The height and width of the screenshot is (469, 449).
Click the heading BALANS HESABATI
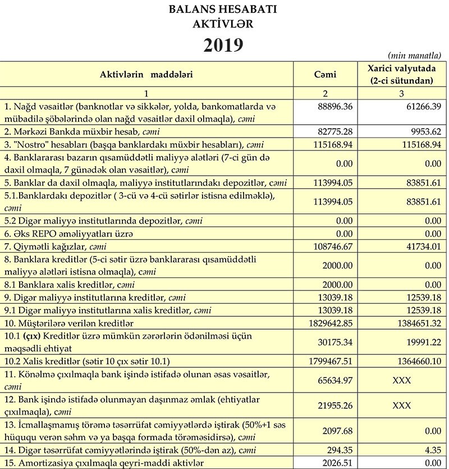tap(223, 10)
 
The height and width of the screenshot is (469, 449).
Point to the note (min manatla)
tap(414, 55)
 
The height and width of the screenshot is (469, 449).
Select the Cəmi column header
tap(325, 75)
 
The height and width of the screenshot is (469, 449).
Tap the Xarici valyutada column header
tap(401, 75)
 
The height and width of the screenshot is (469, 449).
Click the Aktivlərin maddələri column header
tap(147, 75)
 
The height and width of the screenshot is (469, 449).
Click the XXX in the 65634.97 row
tap(401, 380)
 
